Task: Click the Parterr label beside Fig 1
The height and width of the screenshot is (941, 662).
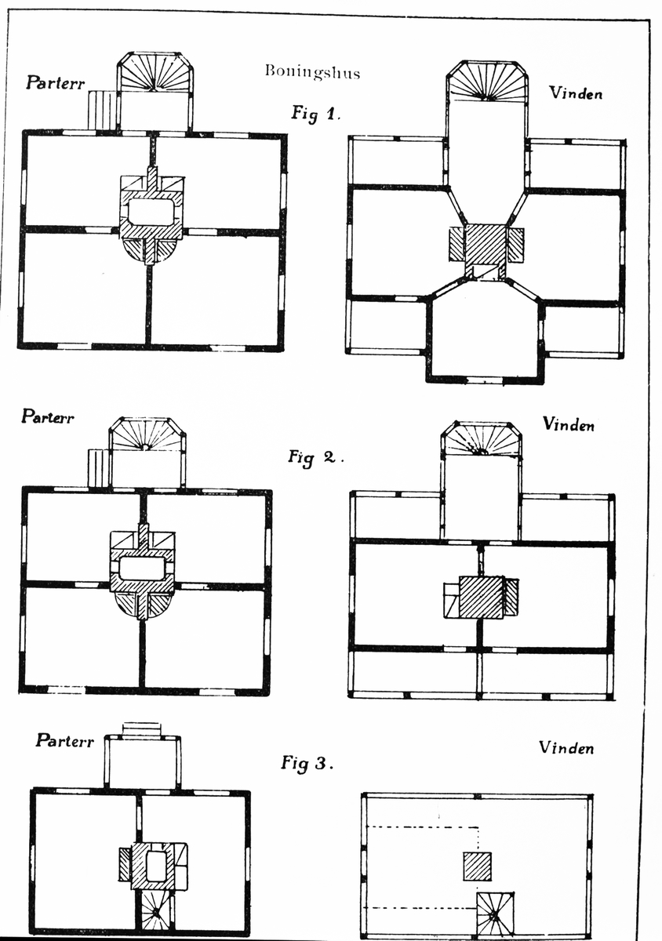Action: click(x=55, y=82)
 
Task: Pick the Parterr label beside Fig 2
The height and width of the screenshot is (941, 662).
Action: click(x=49, y=416)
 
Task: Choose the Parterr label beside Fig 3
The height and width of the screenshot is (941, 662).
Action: click(x=64, y=740)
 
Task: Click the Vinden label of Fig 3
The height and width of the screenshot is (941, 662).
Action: click(x=566, y=748)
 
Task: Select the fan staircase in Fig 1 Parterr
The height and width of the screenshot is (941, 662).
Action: click(x=155, y=75)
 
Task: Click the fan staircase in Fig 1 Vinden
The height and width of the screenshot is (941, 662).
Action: click(x=486, y=83)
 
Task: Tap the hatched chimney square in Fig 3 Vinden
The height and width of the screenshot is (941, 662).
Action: click(x=477, y=867)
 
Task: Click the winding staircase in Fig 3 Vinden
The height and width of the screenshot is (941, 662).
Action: click(x=494, y=912)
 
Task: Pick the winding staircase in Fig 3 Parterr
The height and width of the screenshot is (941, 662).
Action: click(x=155, y=911)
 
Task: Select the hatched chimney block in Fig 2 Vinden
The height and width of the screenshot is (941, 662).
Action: click(x=480, y=598)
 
